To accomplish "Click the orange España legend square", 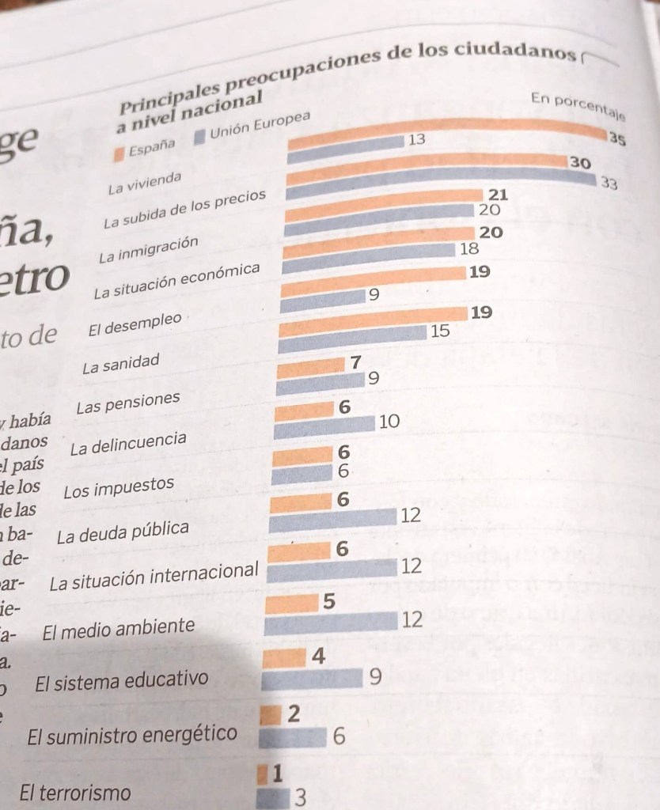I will tap(119, 153).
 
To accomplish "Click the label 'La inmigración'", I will tap(148, 251).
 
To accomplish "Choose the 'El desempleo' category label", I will tap(136, 326).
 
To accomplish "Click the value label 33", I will tap(609, 183).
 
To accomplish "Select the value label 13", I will tap(416, 140).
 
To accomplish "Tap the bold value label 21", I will tap(498, 195).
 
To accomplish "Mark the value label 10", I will tap(389, 422).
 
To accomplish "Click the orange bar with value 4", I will tap(283, 658).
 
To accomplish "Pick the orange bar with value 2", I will tap(271, 716).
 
